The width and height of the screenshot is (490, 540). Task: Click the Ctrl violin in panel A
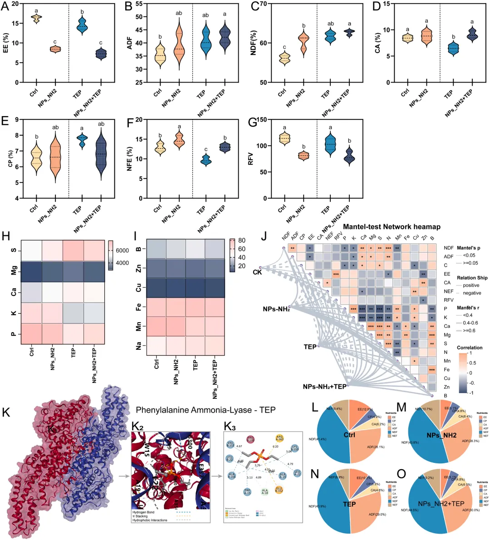(36, 18)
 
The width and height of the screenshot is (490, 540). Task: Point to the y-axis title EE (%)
(6, 43)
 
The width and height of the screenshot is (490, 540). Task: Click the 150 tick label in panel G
(261, 120)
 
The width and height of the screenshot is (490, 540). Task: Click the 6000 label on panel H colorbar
(122, 250)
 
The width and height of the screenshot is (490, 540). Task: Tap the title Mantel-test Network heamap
(392, 226)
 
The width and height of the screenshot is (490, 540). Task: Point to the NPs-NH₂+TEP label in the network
(324, 387)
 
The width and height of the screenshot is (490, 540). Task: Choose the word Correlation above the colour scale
(470, 348)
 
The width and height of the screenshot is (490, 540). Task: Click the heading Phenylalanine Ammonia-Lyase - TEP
(206, 410)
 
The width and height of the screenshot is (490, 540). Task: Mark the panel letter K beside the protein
(6, 412)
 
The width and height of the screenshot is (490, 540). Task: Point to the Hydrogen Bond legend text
(143, 512)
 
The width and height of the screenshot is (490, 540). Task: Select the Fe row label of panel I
(138, 307)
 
